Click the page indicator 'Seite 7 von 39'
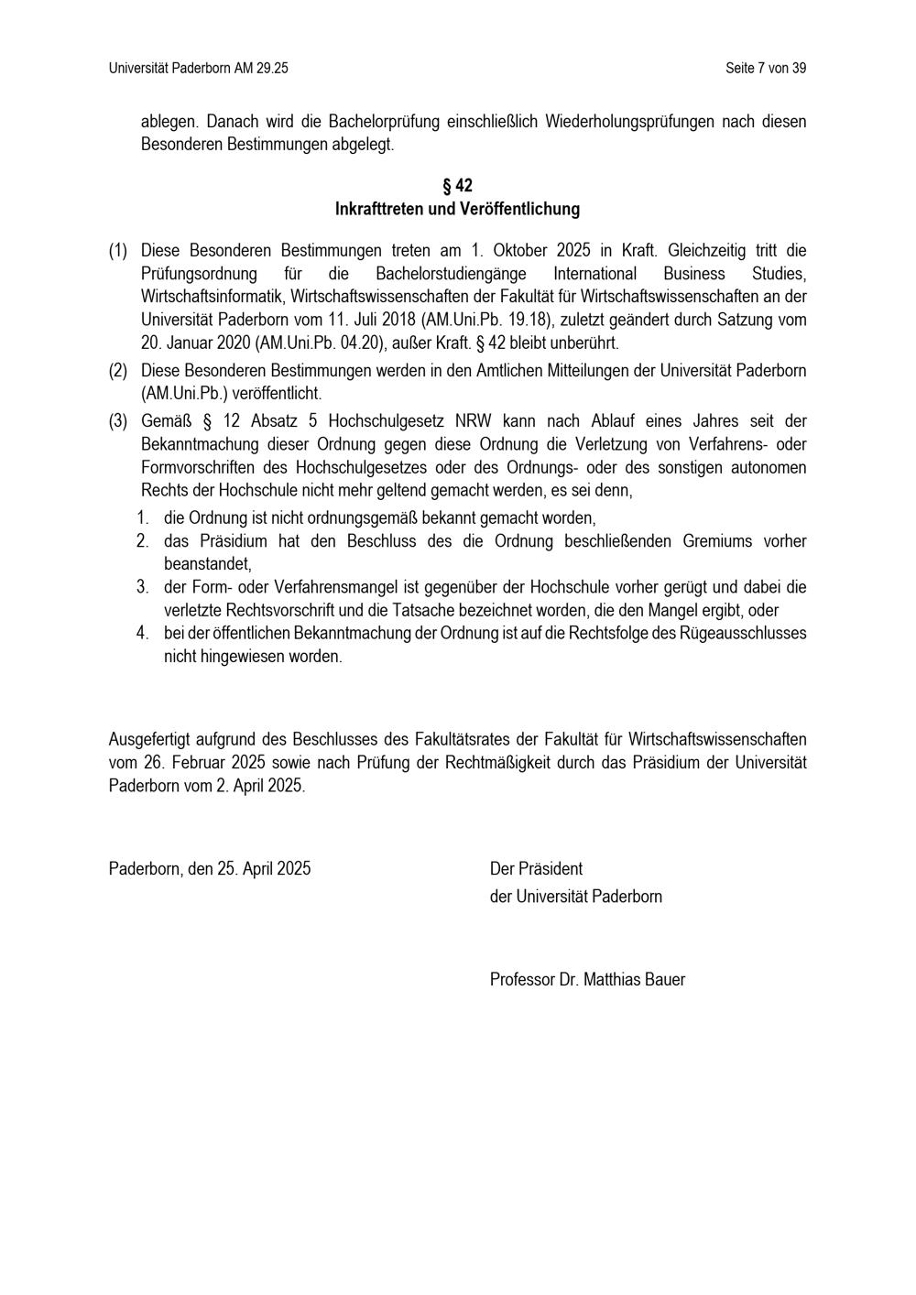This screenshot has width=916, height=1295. click(x=765, y=69)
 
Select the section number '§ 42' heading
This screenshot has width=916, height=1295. click(x=457, y=186)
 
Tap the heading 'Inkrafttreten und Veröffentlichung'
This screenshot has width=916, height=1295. click(x=457, y=209)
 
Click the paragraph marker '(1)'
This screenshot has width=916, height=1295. click(x=118, y=251)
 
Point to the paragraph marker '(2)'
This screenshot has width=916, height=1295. click(x=118, y=371)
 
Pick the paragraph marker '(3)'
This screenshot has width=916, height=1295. click(x=118, y=421)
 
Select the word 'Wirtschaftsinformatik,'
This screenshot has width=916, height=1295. click(x=212, y=297)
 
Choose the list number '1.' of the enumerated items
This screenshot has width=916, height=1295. click(x=143, y=518)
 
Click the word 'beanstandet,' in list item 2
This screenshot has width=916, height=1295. click(x=207, y=564)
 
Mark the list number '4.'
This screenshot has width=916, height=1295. click(x=143, y=633)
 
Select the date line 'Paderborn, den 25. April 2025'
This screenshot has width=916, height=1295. click(x=210, y=868)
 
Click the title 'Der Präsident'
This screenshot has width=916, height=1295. click(x=536, y=868)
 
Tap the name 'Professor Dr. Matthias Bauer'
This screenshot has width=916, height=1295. click(x=587, y=979)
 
